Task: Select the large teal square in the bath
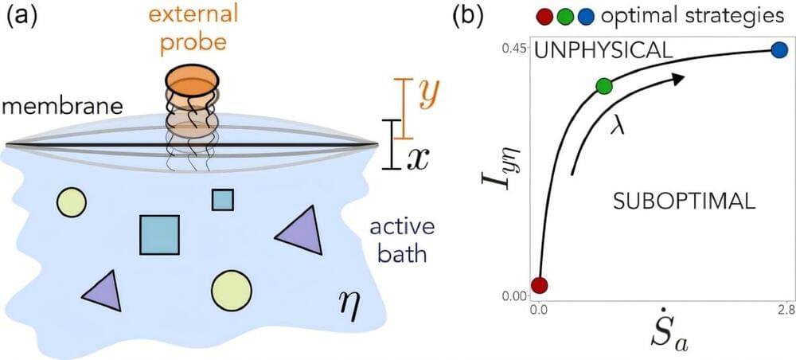tap(158, 234)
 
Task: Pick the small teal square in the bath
tap(222, 199)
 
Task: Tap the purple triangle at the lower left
tap(103, 292)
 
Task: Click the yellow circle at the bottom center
tap(232, 290)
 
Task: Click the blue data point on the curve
tap(780, 50)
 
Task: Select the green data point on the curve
tap(603, 85)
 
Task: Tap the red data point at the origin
tap(540, 285)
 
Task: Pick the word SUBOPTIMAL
tap(684, 202)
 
